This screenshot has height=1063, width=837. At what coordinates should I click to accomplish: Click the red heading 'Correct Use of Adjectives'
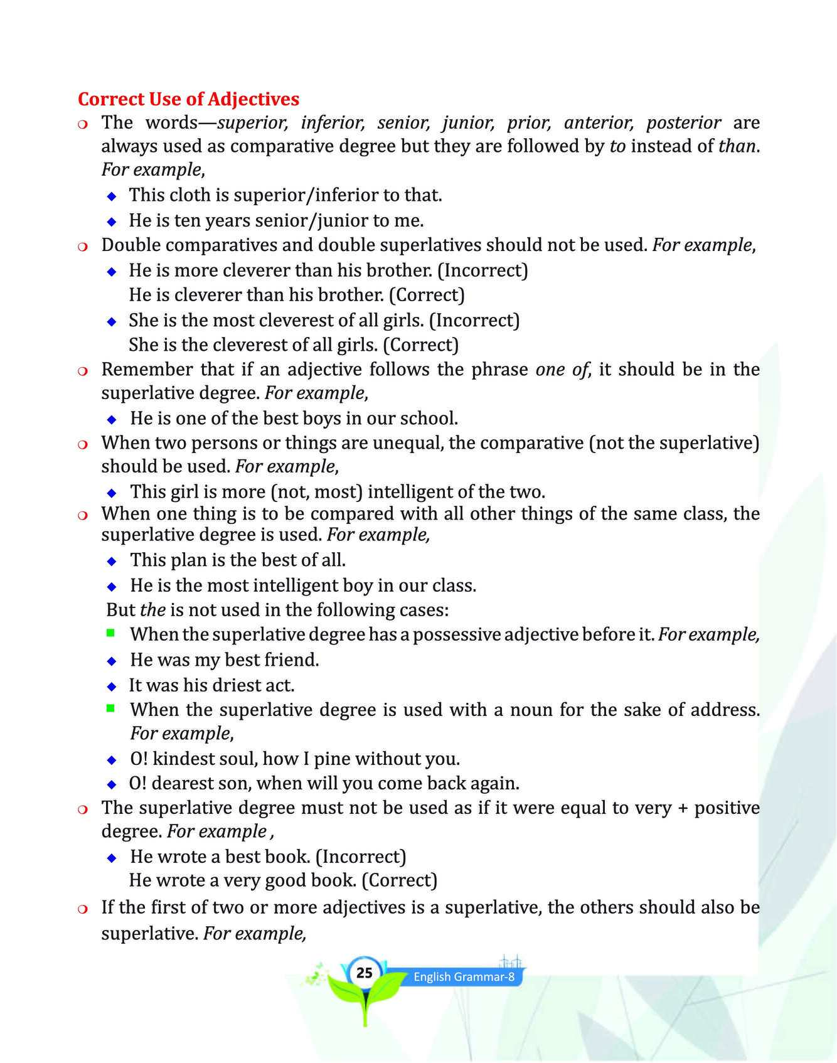tap(188, 99)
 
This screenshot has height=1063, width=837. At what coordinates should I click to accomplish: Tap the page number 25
tap(364, 973)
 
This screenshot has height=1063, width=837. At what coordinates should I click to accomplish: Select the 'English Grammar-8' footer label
tap(464, 977)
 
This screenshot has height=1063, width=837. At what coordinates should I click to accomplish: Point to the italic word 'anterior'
tap(598, 122)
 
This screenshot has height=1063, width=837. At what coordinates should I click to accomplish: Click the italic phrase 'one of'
tap(562, 369)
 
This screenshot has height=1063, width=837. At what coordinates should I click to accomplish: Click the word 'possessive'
tap(456, 634)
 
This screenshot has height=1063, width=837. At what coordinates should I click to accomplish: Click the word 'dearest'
tap(185, 784)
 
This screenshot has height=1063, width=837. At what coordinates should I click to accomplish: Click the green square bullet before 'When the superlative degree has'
tap(111, 634)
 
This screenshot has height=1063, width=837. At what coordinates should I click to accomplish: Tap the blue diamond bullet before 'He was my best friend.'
tap(112, 661)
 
